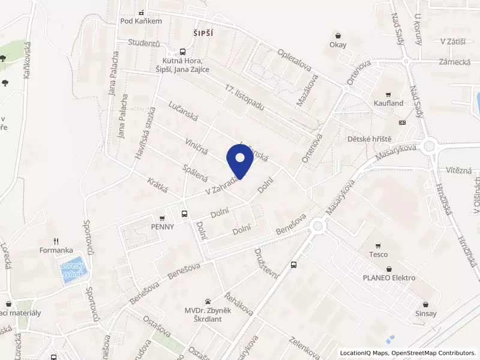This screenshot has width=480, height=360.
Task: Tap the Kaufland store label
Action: [389, 103]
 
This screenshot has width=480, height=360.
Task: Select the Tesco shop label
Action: [378, 254]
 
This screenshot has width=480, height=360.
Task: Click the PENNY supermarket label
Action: [163, 227]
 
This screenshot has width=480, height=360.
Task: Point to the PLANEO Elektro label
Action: [389, 278]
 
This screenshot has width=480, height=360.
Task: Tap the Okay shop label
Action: [338, 44]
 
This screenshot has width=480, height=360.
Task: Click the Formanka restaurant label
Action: [56, 250]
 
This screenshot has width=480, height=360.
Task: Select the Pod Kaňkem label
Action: [141, 21]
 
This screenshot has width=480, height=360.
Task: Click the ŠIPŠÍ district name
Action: [203, 32]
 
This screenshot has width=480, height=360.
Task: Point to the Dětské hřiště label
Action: [368, 139]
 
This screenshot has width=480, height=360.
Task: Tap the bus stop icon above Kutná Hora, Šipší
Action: [183, 52]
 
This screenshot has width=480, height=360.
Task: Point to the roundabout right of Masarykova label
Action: [429, 146]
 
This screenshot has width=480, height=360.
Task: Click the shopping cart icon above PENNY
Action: [163, 218]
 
